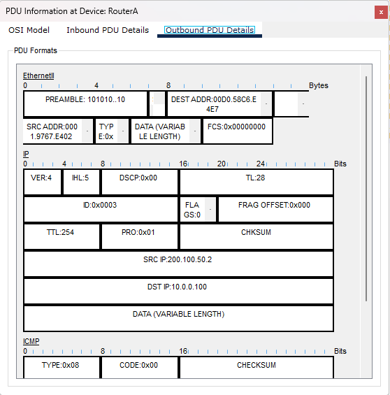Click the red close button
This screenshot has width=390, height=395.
pyautogui.click(x=381, y=12)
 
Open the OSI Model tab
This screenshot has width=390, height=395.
pyautogui.click(x=29, y=30)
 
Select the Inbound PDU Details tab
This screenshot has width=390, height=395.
pyautogui.click(x=108, y=30)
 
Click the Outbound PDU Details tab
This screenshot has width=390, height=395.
pyautogui.click(x=210, y=30)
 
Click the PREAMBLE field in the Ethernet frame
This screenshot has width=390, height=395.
pyautogui.click(x=85, y=103)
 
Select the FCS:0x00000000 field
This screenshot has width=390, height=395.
pyautogui.click(x=238, y=131)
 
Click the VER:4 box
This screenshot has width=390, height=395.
pyautogui.click(x=43, y=182)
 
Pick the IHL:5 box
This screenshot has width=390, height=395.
pyautogui.click(x=81, y=182)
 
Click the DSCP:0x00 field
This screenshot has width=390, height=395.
pyautogui.click(x=139, y=182)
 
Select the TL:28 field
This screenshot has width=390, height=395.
pyautogui.click(x=257, y=182)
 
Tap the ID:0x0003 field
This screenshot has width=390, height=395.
pyautogui.click(x=101, y=209)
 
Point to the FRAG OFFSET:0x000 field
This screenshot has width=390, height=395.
pyautogui.click(x=275, y=209)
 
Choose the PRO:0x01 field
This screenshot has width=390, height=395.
pyautogui.click(x=139, y=236)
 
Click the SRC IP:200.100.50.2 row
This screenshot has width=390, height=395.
pyautogui.click(x=178, y=264)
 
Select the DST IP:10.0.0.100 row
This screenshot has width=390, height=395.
pyautogui.click(x=178, y=291)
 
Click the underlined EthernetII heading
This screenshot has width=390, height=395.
pyautogui.click(x=38, y=76)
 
